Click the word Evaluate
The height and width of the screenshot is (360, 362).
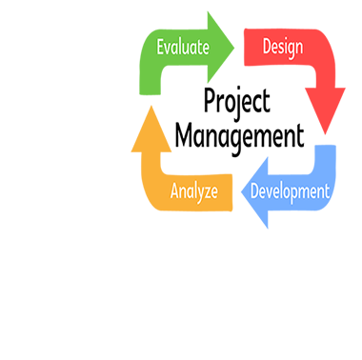click(182, 46)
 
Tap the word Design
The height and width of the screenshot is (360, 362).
click(283, 46)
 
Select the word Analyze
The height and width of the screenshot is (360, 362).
click(193, 190)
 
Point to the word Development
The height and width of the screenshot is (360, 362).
click(290, 190)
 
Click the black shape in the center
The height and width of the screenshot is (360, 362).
click(238, 119)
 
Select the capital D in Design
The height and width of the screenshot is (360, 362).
click(267, 46)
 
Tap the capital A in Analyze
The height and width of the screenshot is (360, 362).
click(174, 190)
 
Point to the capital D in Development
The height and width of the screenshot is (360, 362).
click(254, 190)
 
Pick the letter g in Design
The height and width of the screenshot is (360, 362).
click(292, 49)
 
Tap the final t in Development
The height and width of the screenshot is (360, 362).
click(327, 190)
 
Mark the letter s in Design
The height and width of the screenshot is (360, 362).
click(281, 48)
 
